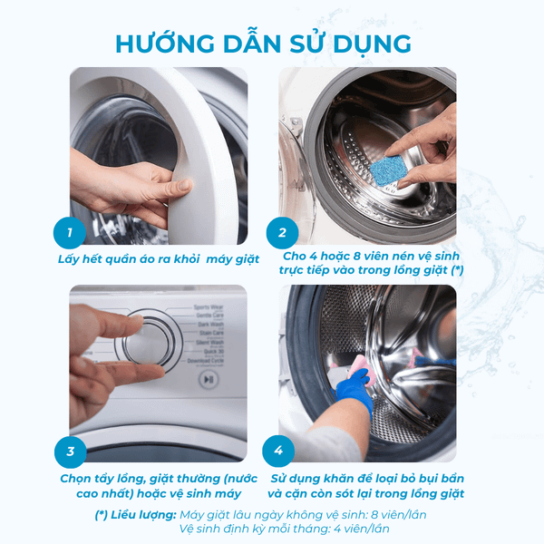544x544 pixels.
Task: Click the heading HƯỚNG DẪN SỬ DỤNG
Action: [264, 43]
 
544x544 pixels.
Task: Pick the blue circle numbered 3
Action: [70, 452]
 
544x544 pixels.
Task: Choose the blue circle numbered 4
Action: [279, 451]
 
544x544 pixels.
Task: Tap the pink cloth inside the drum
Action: [355, 365]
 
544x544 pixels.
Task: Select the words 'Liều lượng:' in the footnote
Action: [143, 514]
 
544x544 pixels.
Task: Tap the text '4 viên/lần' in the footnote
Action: [366, 529]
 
